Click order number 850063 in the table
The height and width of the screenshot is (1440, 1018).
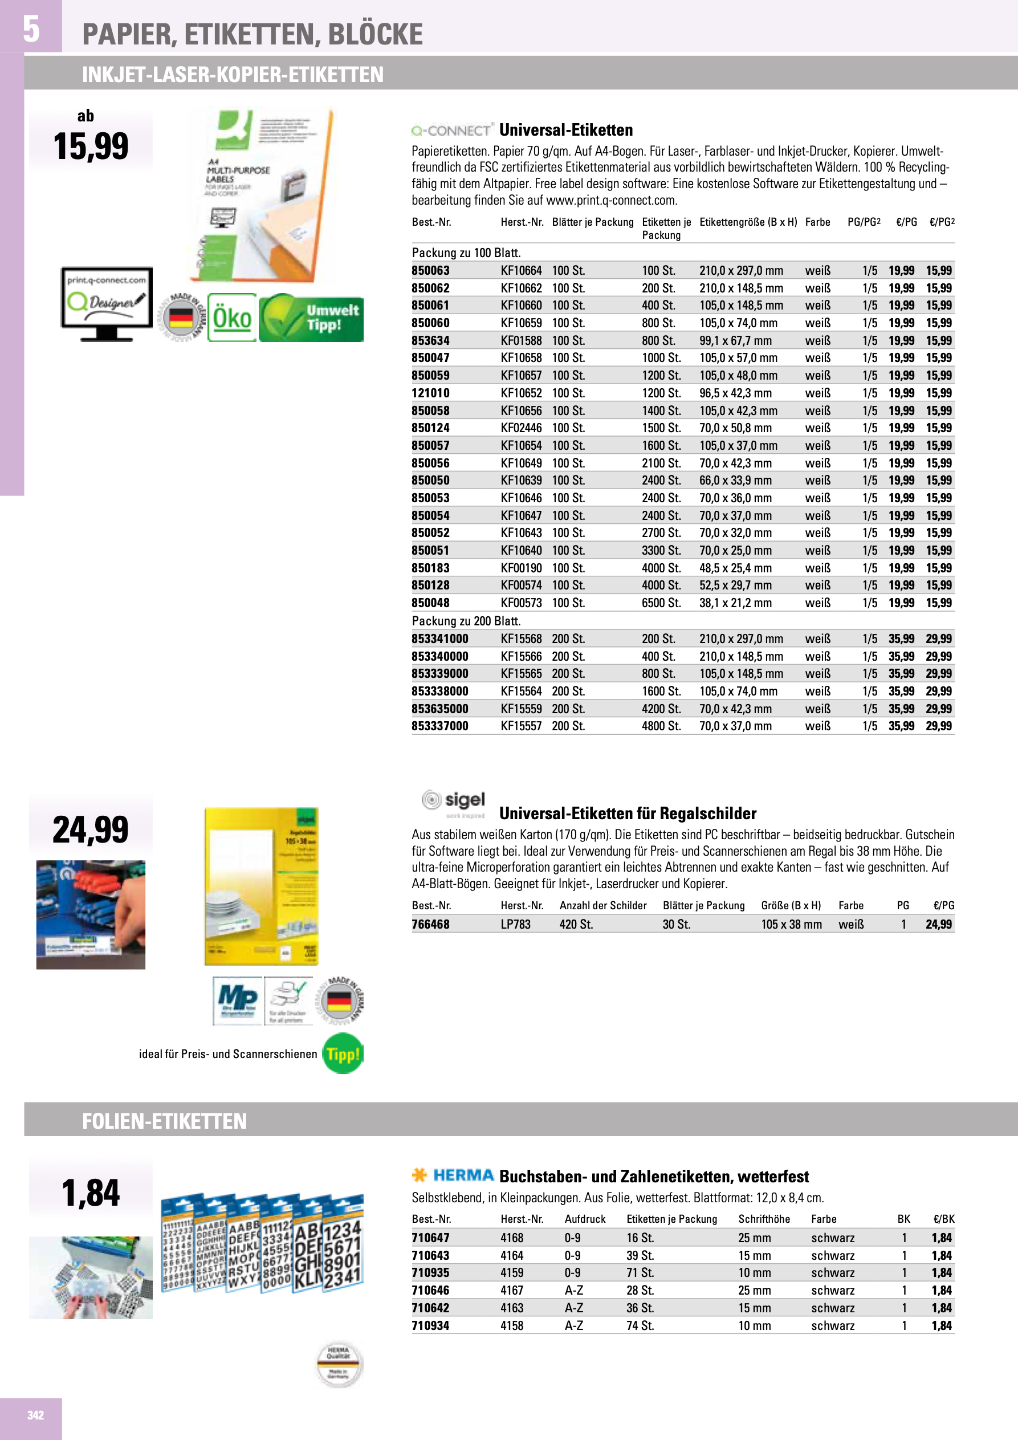pyautogui.click(x=430, y=271)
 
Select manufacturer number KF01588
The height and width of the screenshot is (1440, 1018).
pyautogui.click(x=520, y=340)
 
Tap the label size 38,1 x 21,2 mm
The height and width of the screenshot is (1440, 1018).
pyautogui.click(x=735, y=603)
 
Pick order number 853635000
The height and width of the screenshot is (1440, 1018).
pyautogui.click(x=439, y=709)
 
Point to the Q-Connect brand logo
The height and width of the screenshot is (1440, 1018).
pyautogui.click(x=451, y=131)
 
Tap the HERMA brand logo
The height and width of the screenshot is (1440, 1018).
pyautogui.click(x=453, y=1175)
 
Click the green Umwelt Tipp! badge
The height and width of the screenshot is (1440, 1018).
pyautogui.click(x=311, y=318)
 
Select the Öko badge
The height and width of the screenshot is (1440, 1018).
pyautogui.click(x=231, y=318)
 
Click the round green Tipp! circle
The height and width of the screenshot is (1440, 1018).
pyautogui.click(x=343, y=1053)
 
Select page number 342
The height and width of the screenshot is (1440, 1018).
pyautogui.click(x=35, y=1414)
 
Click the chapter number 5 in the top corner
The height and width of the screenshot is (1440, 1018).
pyautogui.click(x=31, y=29)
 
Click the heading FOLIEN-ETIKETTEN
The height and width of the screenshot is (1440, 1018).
pyautogui.click(x=164, y=1121)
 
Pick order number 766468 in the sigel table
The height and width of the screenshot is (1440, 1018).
pyautogui.click(x=430, y=925)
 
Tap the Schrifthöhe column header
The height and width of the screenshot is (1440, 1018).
pyautogui.click(x=763, y=1219)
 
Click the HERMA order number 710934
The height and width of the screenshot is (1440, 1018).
pyautogui.click(x=430, y=1326)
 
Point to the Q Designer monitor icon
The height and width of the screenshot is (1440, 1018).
pyautogui.click(x=106, y=303)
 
